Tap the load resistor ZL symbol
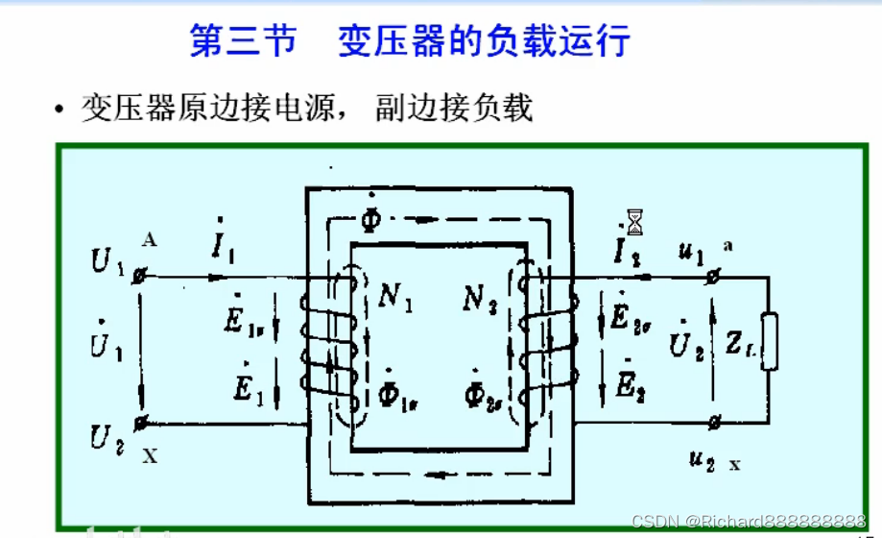tap(768, 338)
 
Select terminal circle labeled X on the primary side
tap(142, 422)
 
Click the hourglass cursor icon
tap(634, 222)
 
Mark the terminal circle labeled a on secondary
tap(714, 277)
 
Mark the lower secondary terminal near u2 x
tap(714, 422)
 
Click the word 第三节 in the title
tap(244, 41)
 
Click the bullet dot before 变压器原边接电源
tap(60, 110)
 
